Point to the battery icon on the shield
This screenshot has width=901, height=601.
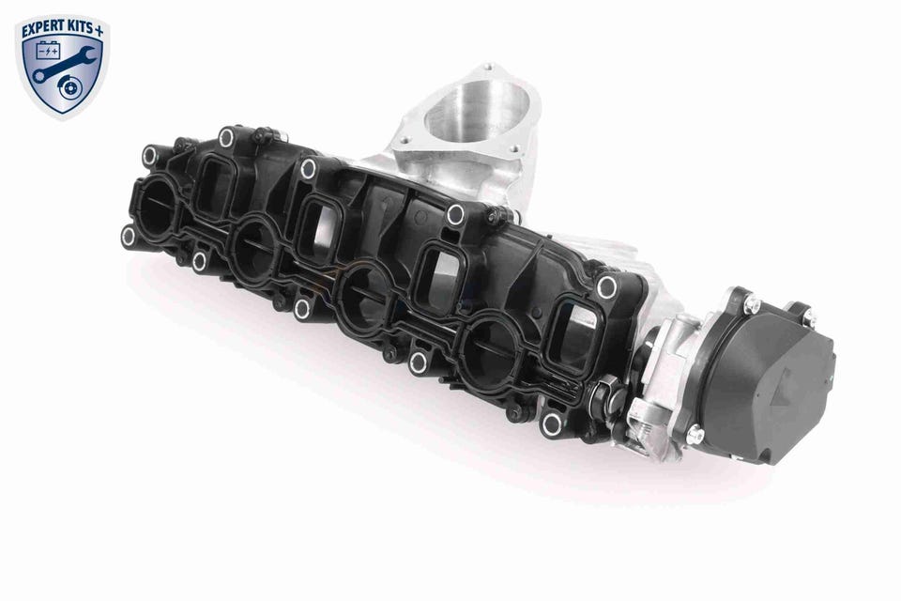click(x=47, y=52)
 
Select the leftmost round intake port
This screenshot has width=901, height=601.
click(x=158, y=207)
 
